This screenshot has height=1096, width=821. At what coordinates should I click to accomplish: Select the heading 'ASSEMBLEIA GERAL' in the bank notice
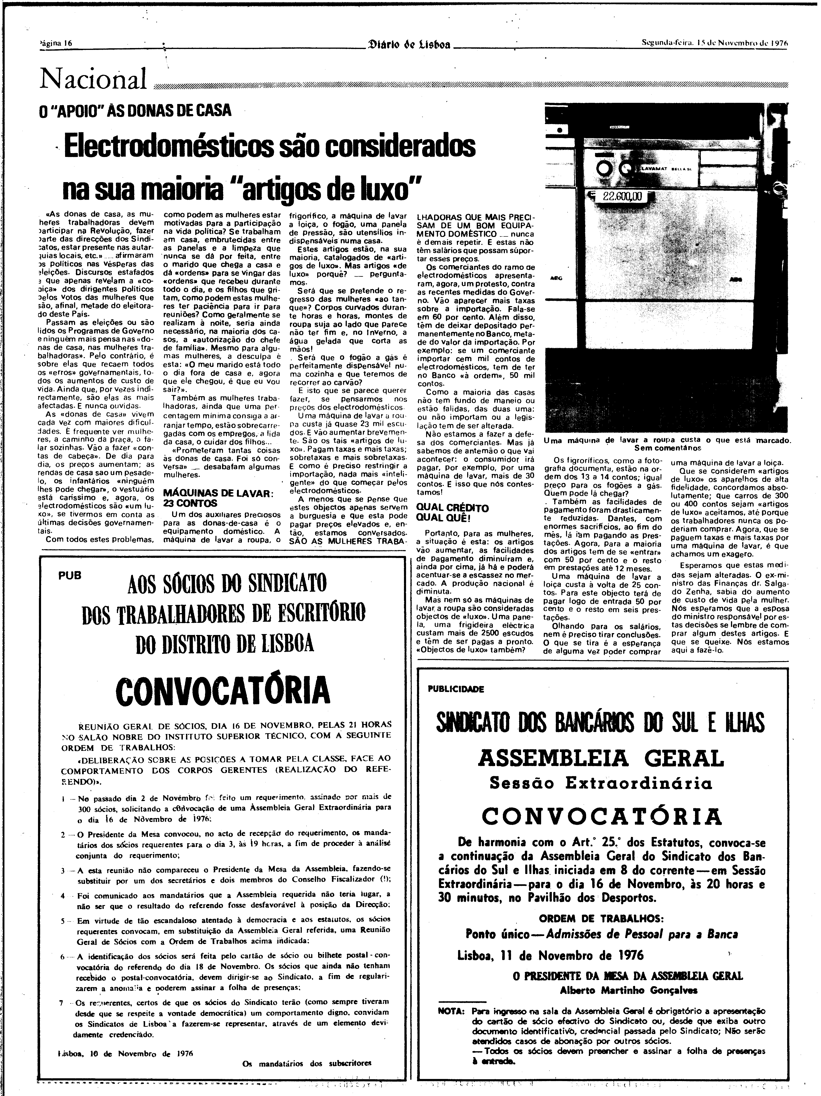(x=601, y=758)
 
